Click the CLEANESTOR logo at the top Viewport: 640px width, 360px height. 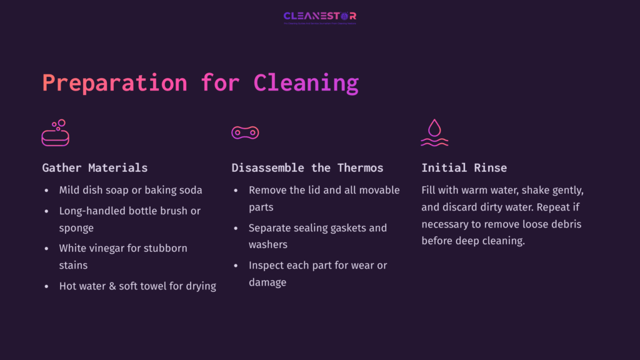(319, 17)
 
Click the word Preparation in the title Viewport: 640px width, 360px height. (114, 83)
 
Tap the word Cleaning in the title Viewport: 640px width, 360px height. (306, 83)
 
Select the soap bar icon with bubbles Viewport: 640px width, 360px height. (55, 133)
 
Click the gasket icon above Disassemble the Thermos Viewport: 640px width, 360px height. (245, 132)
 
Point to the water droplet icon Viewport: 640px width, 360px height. (434, 132)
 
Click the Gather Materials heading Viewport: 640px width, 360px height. (95, 167)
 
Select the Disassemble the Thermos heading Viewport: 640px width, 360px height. (307, 167)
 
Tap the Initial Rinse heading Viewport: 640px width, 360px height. (464, 167)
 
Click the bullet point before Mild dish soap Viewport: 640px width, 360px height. (46, 190)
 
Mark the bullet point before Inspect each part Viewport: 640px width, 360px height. (236, 266)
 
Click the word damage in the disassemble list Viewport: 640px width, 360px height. (267, 282)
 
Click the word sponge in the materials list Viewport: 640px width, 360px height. (76, 228)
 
